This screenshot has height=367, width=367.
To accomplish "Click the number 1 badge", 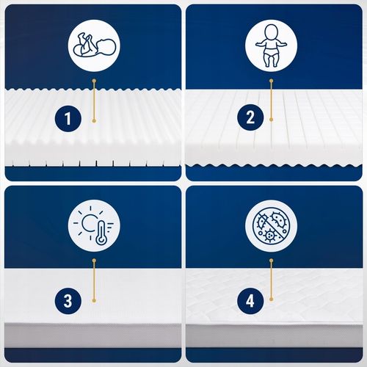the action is point(68,119).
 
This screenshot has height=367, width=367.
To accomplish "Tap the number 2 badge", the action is point(250,117).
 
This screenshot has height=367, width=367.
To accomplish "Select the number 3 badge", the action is point(68,301).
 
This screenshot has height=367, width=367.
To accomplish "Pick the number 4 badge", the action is point(250,301).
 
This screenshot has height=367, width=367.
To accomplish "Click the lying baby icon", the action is point(94,46).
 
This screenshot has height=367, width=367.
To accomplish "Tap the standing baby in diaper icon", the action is point(272,46).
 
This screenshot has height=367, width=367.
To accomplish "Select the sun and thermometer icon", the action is point(94,225).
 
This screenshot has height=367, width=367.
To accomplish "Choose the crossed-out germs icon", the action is point(272,225).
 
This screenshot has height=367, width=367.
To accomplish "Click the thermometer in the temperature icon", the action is point(101,233).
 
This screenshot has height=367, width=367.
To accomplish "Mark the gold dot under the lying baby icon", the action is point(94,81).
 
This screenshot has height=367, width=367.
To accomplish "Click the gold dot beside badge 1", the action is point(94,121).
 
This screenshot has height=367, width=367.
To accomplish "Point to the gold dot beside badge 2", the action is point(271,120).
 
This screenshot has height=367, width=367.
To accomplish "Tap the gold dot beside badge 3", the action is point(94,300).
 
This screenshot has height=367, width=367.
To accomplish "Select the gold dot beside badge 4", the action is point(271,299).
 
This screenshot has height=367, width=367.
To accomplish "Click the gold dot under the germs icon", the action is point(271,261).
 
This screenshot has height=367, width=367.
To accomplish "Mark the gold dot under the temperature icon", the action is point(94,261).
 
